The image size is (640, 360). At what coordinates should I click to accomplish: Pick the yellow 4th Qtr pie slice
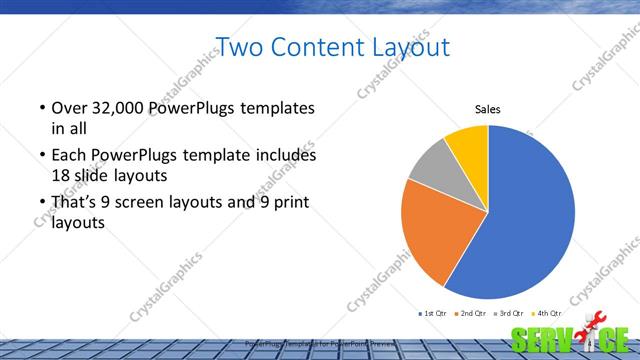[x=468, y=144]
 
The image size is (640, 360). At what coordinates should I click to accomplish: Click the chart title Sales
[x=487, y=110]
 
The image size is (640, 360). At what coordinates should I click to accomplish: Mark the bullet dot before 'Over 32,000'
[x=41, y=108]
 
